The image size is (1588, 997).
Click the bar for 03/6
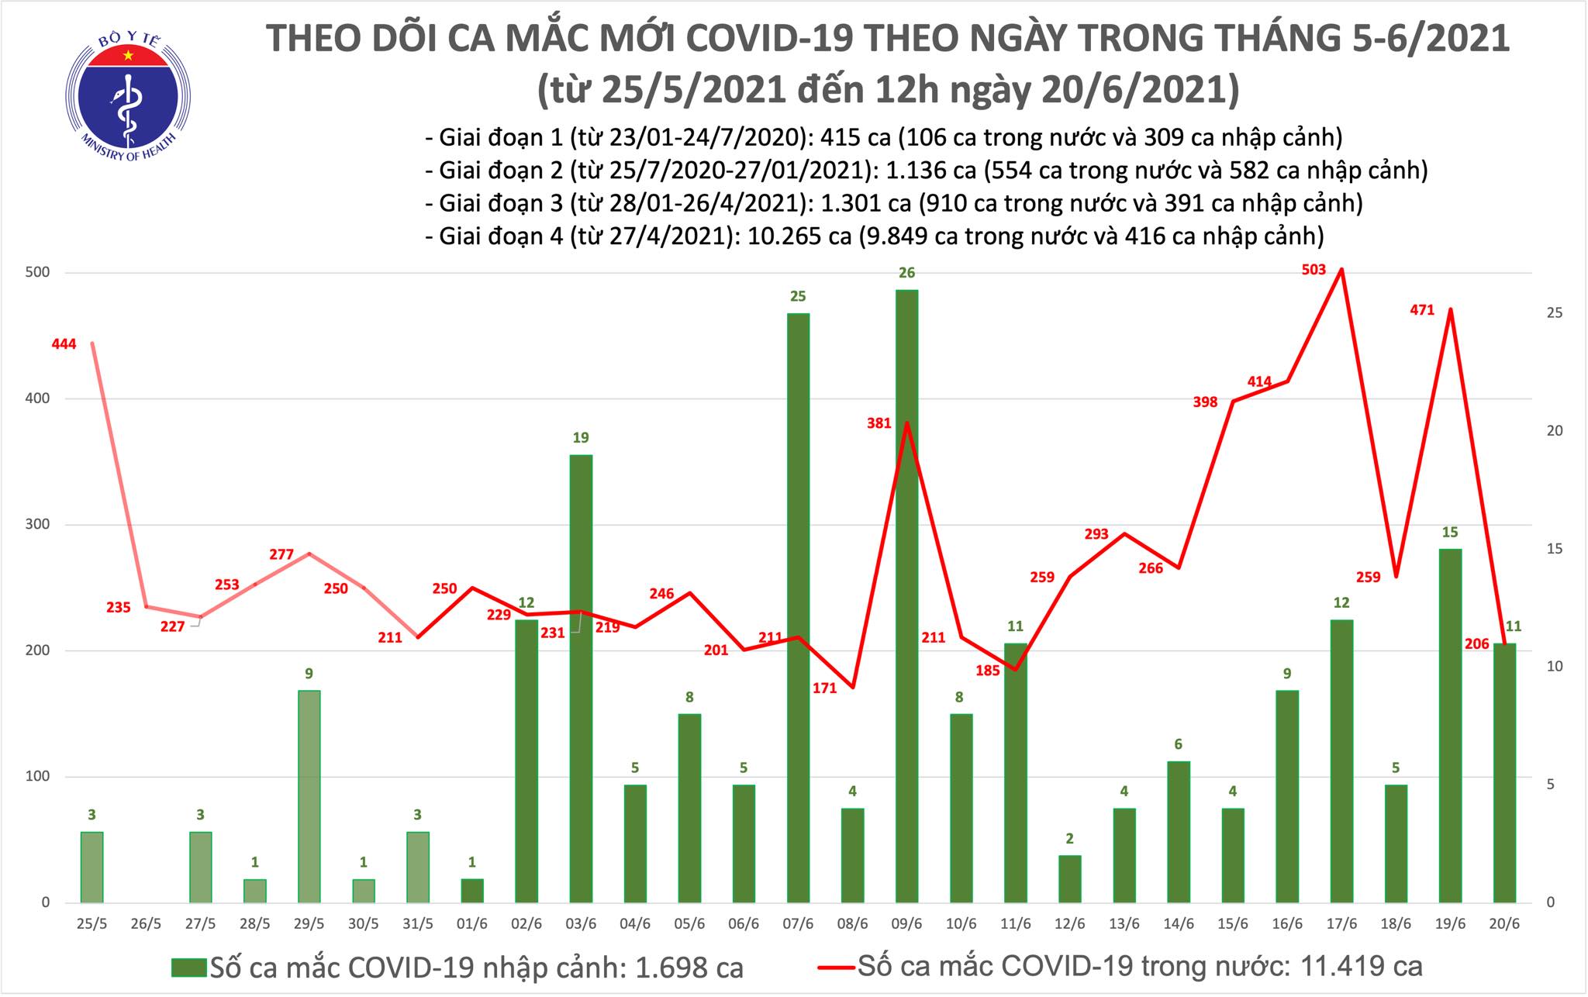tap(581, 678)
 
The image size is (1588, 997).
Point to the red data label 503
tap(1314, 271)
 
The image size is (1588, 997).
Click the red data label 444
tap(64, 344)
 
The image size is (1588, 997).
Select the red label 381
tap(879, 424)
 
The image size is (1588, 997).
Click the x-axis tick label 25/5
tap(92, 925)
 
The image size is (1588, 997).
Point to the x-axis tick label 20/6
tap(1503, 925)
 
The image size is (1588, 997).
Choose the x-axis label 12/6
tap(1069, 925)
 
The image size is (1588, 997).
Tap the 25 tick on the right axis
tap(1553, 312)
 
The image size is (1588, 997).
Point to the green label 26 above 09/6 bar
tap(906, 273)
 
